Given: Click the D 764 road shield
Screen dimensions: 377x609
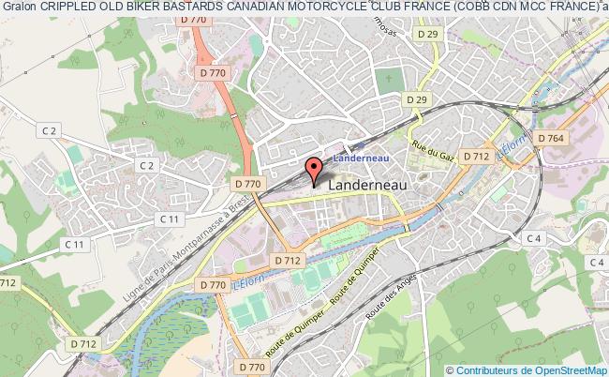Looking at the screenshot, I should pos(550,138).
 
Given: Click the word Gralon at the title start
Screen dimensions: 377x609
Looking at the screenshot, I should pos(17,8).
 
